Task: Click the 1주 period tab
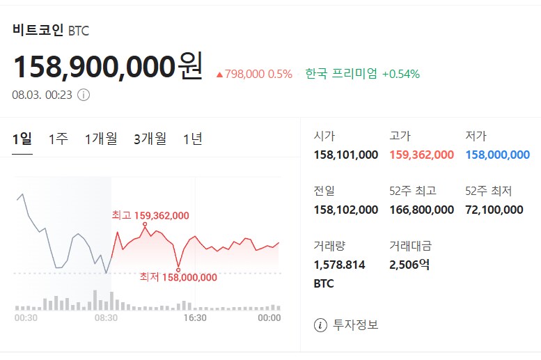(58, 139)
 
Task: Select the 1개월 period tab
(101, 139)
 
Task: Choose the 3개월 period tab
(150, 139)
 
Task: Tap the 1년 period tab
(193, 139)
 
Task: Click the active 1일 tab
(22, 139)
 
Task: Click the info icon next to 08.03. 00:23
(84, 95)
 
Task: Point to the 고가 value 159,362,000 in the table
(421, 155)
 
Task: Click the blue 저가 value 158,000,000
(497, 155)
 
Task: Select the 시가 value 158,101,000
(346, 155)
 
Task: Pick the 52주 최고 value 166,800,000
(421, 210)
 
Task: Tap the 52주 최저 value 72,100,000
(494, 210)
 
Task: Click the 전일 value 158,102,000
(346, 210)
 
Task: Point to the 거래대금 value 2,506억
(409, 264)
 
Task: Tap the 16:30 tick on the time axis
(195, 318)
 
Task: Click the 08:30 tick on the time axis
(106, 318)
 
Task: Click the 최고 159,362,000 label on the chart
(150, 216)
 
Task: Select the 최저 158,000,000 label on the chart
(178, 277)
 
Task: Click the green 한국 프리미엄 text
(341, 74)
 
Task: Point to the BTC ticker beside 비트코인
(79, 31)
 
